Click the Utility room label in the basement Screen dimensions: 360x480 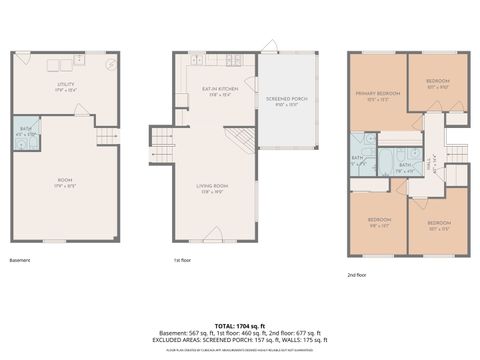click(66, 87)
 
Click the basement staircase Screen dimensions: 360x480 click(105, 137)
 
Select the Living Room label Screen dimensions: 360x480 click(213, 187)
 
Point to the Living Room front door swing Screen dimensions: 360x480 click(212, 239)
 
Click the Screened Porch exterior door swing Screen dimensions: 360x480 click(270, 48)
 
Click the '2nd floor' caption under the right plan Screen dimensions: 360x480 click(357, 274)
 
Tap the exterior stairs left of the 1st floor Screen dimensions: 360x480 click(160, 136)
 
